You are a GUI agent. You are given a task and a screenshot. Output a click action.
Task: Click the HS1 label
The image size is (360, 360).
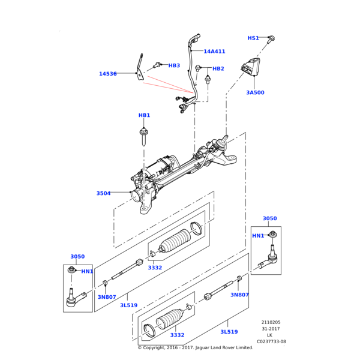253,38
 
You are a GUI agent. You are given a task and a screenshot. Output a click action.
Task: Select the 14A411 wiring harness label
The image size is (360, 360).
214,52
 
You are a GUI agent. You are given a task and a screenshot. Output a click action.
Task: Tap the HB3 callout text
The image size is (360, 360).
174,65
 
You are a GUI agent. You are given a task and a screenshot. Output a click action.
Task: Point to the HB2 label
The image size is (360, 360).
218,68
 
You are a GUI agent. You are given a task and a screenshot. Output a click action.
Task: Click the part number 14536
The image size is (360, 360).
108,74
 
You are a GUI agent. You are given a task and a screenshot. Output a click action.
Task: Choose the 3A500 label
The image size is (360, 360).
256,92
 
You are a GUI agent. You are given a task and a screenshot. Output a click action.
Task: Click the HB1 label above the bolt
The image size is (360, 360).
144,115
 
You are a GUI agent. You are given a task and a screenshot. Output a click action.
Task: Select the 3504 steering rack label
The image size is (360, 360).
104,193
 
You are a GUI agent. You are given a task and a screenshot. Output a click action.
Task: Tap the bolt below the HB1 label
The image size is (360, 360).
144,137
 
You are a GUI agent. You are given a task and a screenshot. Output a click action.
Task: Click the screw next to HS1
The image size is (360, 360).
271,40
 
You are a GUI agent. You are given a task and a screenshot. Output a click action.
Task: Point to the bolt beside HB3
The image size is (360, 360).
157,65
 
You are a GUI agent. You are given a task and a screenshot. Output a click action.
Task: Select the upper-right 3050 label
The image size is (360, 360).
270,218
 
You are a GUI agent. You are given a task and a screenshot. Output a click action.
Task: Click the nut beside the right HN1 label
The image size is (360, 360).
273,234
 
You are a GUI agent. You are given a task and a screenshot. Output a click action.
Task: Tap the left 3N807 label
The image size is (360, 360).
107,297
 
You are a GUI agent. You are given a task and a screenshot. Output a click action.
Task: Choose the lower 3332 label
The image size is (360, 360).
177,335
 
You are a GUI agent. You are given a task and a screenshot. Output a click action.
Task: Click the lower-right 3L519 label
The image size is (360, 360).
229,332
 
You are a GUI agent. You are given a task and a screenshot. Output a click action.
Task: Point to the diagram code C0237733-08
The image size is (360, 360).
271,341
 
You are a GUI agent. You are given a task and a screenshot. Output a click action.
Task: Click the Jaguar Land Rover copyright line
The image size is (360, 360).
196,347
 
